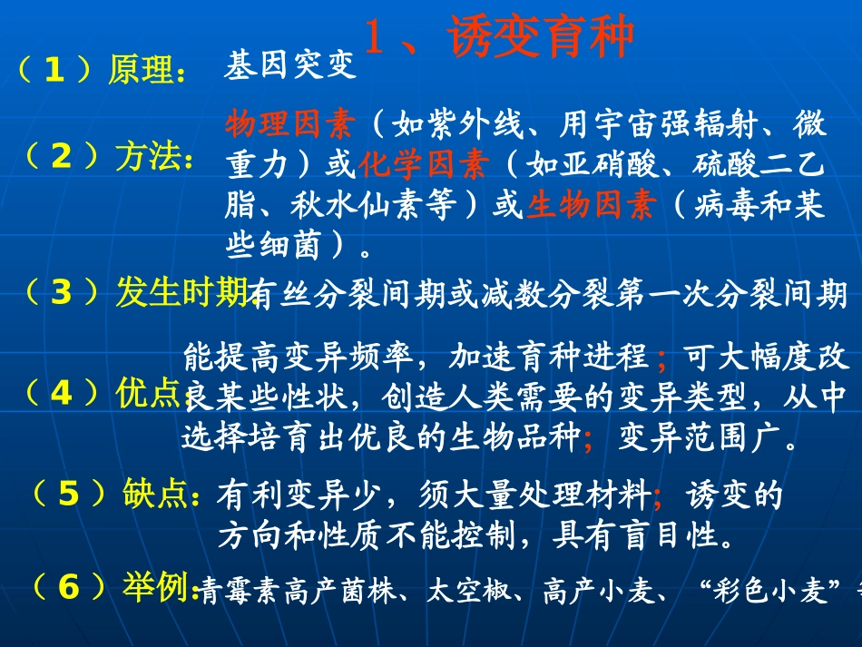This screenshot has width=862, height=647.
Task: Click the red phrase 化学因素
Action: tap(423, 164)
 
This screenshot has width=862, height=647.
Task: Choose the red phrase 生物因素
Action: tap(591, 206)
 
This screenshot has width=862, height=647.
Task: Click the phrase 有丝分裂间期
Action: tap(343, 294)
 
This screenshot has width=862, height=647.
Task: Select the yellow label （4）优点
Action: tap(100, 393)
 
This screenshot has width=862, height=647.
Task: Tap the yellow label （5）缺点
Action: tap(113, 494)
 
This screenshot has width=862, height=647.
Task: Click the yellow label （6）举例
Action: tap(113, 588)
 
